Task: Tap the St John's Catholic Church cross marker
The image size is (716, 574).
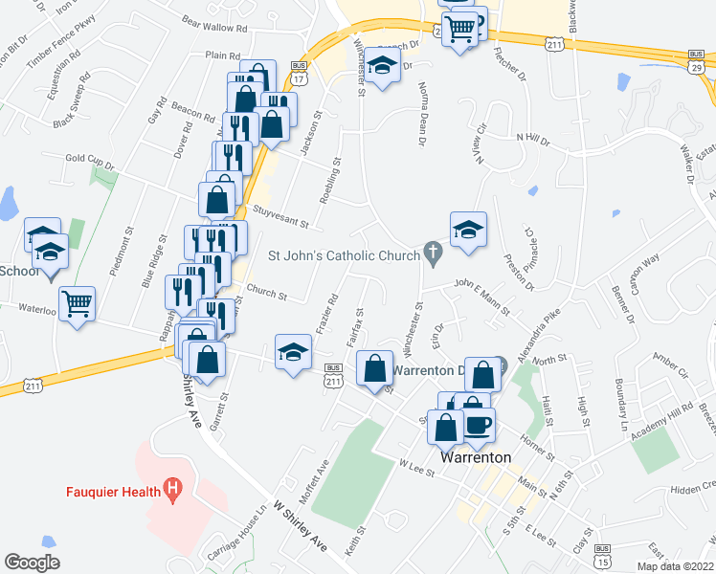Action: coord(433,255)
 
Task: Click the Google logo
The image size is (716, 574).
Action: coord(33,562)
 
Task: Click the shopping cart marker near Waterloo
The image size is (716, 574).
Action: coord(78,304)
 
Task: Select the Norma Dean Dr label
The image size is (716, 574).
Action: coord(421,114)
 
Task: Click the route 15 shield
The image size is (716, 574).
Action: coord(601,563)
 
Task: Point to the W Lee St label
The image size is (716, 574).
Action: coord(412,465)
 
